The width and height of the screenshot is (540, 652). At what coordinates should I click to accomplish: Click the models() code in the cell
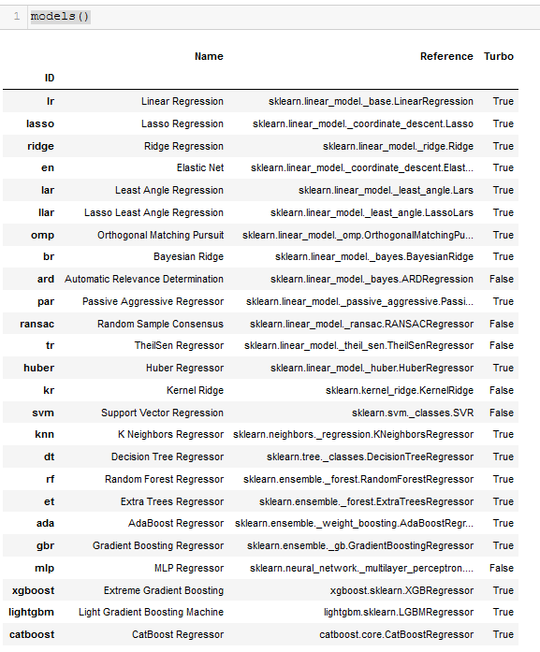(60, 17)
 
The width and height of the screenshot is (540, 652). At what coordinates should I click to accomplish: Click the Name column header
(209, 56)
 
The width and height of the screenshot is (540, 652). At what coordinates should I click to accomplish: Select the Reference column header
(446, 56)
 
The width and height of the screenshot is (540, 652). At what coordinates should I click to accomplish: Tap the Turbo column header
(498, 56)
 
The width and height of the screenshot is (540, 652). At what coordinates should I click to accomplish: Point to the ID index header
(49, 77)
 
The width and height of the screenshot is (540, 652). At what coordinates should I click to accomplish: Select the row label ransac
(37, 324)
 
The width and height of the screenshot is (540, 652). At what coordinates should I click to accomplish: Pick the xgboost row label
(33, 590)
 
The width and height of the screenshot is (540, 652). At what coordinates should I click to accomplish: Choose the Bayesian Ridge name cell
(188, 256)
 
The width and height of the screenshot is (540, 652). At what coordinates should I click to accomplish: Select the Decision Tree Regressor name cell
(168, 456)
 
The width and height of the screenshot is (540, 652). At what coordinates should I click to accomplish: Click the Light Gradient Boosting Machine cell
(151, 613)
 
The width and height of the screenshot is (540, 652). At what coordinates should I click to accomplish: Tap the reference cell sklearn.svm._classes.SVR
(413, 413)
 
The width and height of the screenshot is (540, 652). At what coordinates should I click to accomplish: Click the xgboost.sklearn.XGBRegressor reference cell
(401, 590)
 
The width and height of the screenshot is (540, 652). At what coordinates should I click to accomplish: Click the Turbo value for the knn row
(503, 434)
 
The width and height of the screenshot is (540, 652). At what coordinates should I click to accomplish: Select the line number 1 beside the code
(17, 17)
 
